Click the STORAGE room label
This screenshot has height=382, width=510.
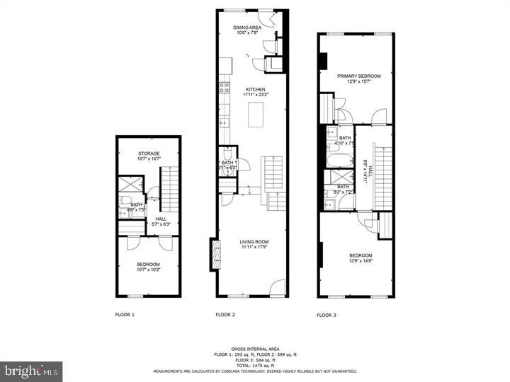click(149, 154)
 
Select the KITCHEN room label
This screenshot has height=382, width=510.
click(256, 89)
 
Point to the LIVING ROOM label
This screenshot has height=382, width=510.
click(254, 242)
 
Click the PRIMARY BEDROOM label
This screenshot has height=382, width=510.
click(359, 76)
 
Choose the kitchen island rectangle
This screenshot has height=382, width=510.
click(256, 115)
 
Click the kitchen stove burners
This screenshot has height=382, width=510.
click(224, 88)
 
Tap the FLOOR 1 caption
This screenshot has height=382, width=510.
click(125, 314)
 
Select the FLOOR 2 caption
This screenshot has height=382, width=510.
click(225, 314)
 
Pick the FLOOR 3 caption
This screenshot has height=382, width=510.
click(326, 315)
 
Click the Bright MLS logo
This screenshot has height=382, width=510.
click(31, 371)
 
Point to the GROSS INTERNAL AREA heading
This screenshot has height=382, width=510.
click(256, 349)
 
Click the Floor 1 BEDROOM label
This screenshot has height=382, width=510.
click(149, 264)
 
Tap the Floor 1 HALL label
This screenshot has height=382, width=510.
click(161, 219)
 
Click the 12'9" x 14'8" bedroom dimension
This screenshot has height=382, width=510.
click(360, 260)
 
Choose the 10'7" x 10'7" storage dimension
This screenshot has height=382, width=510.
click(149, 158)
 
